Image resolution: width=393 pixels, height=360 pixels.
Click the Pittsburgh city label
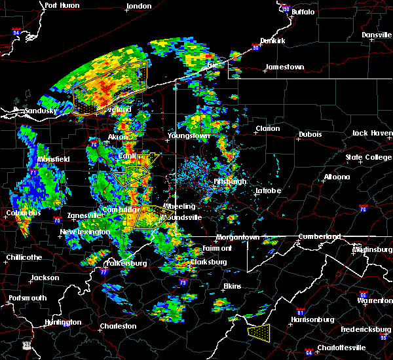(230, 181)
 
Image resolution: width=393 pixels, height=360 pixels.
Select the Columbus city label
(24, 213)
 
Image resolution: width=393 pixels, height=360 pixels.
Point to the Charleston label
(118, 326)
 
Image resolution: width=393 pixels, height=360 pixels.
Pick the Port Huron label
(62, 5)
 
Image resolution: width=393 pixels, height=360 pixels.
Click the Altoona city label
(337, 177)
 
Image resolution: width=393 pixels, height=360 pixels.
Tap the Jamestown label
(284, 67)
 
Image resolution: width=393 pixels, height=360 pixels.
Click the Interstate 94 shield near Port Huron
(16, 31)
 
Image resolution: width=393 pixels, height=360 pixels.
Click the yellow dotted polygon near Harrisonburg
(259, 332)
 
